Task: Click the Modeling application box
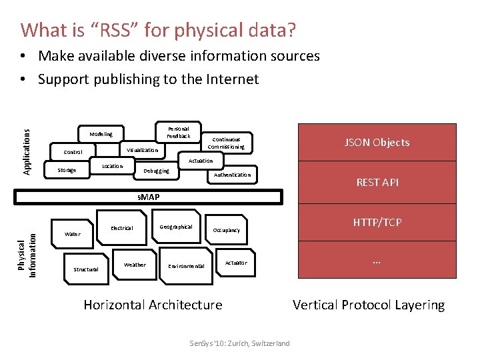(101, 134)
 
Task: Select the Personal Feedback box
(178, 132)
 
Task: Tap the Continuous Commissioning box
(226, 143)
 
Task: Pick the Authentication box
(232, 175)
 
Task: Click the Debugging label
(157, 171)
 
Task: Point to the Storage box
(67, 170)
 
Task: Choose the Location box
(112, 166)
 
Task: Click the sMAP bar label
(147, 197)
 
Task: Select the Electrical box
(121, 228)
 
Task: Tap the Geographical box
(176, 227)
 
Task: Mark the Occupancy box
(226, 230)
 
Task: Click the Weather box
(135, 265)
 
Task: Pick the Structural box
(85, 269)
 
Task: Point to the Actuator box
(235, 263)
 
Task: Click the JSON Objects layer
(377, 143)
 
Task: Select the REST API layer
(377, 182)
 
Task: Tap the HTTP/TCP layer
(377, 222)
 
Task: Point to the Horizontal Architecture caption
(153, 305)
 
